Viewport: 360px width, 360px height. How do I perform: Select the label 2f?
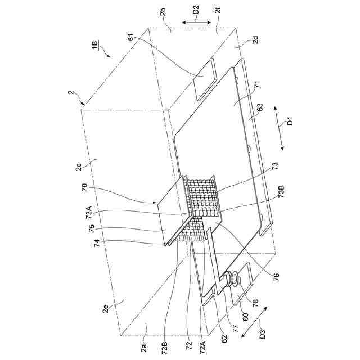(217, 10)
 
